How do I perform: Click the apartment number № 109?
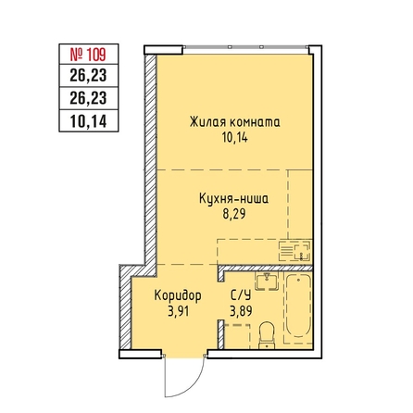[88, 55]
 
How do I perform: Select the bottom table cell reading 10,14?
[88, 121]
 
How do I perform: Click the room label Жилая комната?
[235, 122]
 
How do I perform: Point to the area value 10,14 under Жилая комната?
[235, 138]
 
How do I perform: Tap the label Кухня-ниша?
[234, 198]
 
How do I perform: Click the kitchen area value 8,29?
[234, 214]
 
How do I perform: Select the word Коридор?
[178, 296]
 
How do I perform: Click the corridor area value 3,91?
[179, 311]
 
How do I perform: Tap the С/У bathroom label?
[241, 296]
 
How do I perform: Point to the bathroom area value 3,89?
[241, 311]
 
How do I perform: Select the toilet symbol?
[267, 335]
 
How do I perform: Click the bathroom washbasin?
[267, 282]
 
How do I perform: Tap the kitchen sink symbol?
[294, 251]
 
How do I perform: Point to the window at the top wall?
[245, 47]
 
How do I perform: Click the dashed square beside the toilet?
[237, 336]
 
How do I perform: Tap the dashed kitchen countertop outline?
[265, 252]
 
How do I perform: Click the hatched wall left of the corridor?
[125, 308]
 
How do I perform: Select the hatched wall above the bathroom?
[266, 268]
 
